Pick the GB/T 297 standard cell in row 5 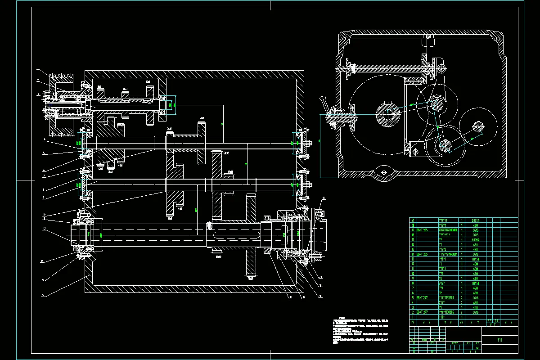[422, 297]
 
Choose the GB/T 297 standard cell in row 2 [422, 312]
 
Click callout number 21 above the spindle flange [324, 198]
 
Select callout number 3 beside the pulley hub [39, 94]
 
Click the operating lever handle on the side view [324, 103]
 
